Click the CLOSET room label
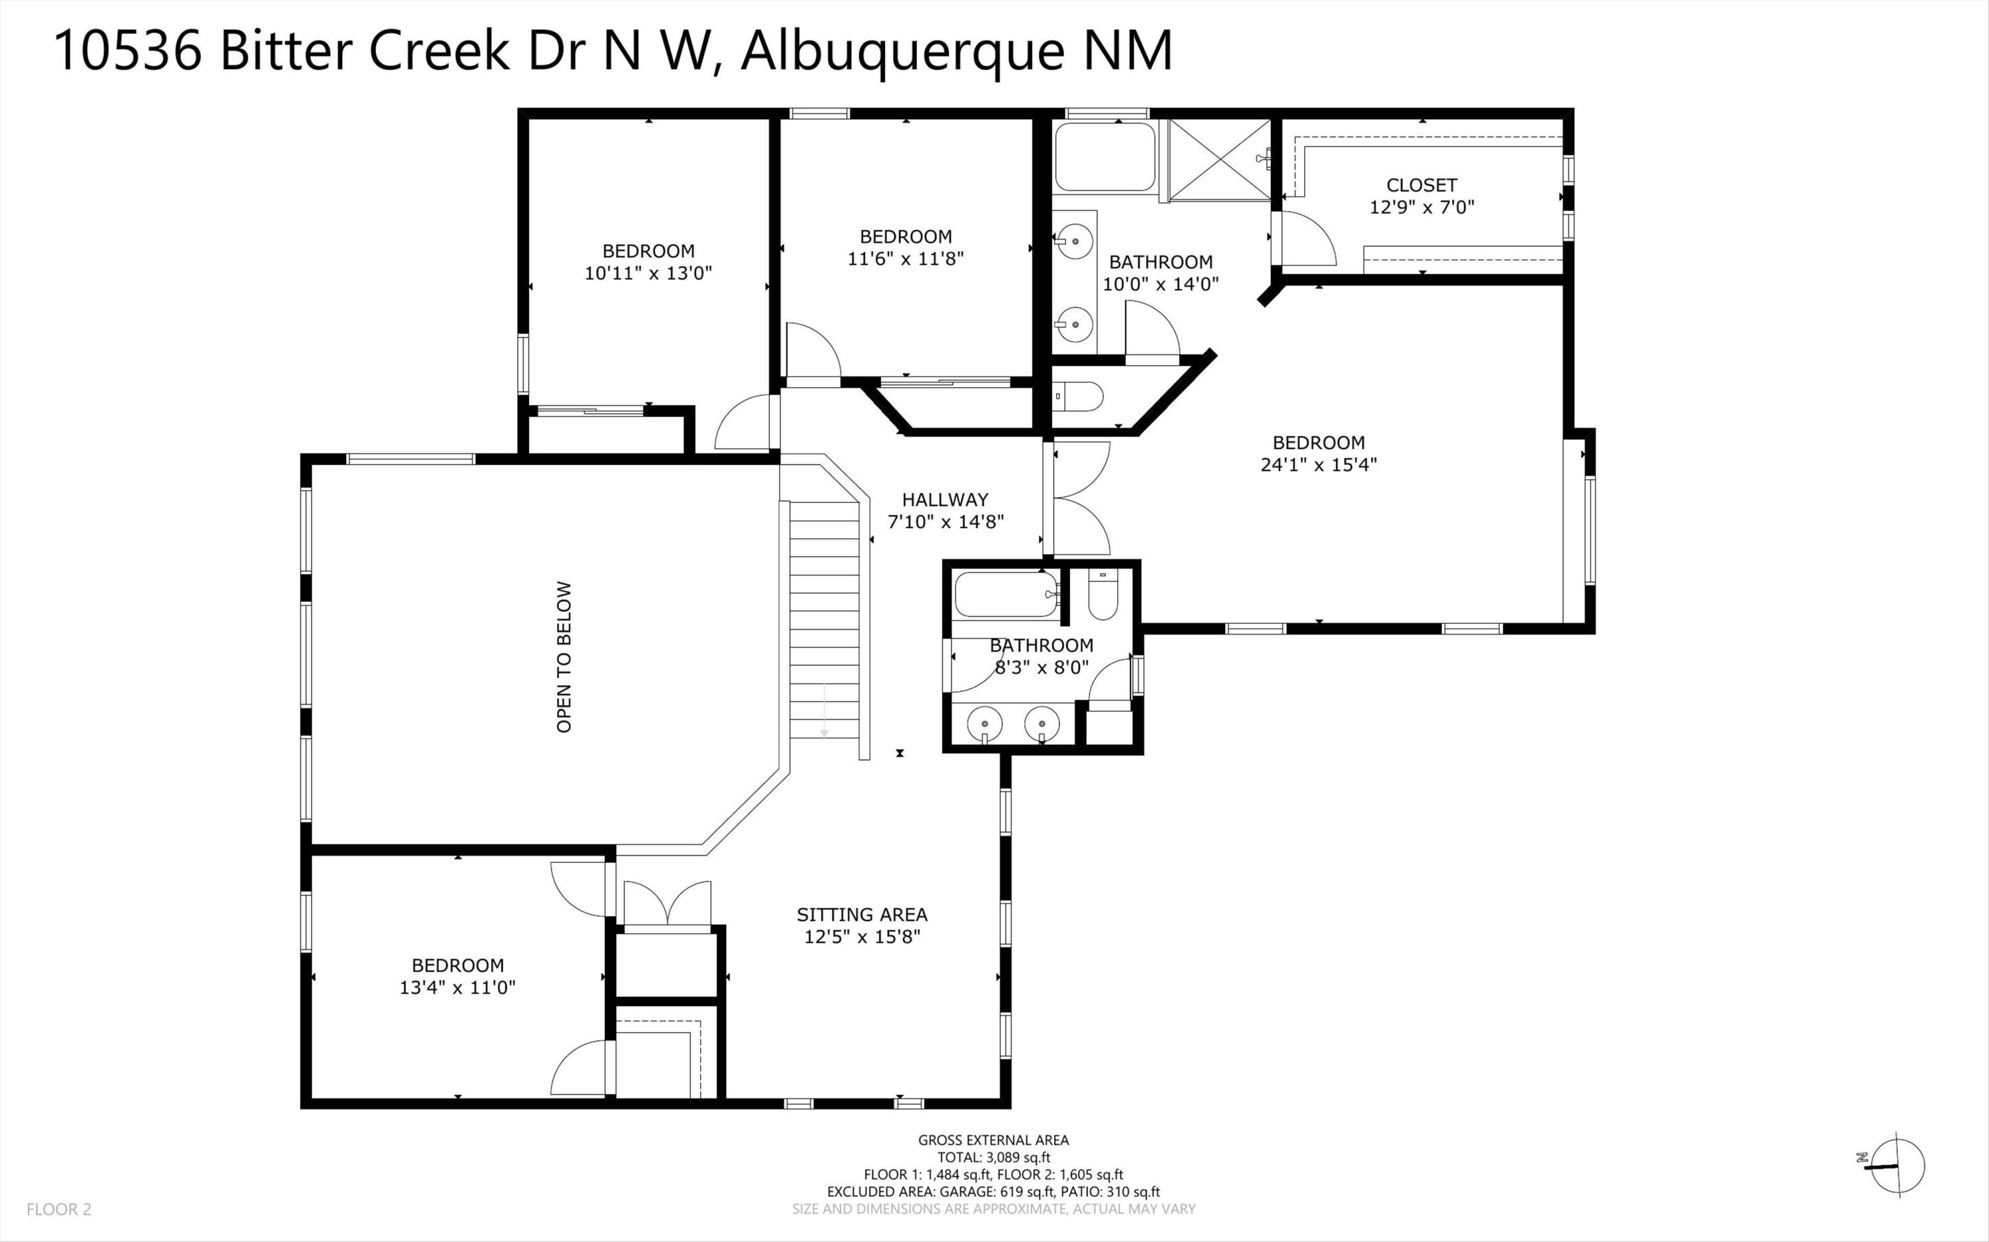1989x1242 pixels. click(x=1421, y=185)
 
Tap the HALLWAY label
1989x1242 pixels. click(x=945, y=500)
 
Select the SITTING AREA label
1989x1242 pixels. click(x=862, y=914)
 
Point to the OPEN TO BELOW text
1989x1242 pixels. click(x=564, y=657)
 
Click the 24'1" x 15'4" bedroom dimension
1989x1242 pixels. click(x=1319, y=464)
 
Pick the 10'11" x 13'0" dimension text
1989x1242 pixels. click(x=648, y=272)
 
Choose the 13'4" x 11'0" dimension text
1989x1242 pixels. click(x=457, y=988)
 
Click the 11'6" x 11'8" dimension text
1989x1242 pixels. click(x=906, y=258)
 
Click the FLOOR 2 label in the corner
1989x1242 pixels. click(x=59, y=1209)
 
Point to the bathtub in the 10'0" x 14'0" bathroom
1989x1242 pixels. click(x=1105, y=157)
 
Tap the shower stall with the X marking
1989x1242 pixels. click(x=1220, y=158)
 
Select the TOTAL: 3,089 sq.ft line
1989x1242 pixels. click(x=994, y=1157)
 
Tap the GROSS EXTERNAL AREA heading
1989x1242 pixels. click(x=993, y=1139)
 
